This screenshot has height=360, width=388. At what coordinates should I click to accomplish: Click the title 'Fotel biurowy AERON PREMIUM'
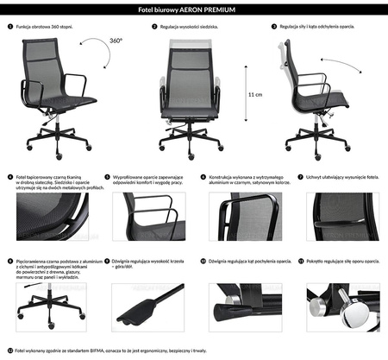[x=193, y=9]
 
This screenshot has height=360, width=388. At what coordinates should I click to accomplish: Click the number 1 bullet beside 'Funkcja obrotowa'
[x=8, y=27]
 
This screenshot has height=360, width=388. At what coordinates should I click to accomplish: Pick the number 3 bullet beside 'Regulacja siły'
[x=272, y=27]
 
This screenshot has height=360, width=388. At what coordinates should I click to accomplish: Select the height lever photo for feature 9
[x=143, y=306]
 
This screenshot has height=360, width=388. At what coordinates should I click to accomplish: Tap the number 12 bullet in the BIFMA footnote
[x=8, y=351]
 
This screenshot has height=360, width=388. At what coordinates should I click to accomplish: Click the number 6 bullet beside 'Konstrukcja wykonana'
[x=203, y=177]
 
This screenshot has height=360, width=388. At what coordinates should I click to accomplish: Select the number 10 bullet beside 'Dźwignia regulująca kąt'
[x=203, y=260]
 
